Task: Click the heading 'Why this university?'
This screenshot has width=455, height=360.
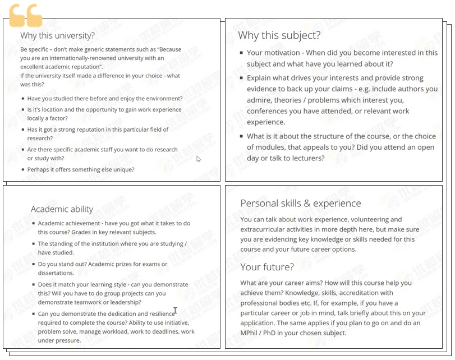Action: (x=57, y=35)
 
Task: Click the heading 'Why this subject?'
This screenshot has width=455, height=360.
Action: (x=279, y=35)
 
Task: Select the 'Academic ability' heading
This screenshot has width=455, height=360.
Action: (x=62, y=209)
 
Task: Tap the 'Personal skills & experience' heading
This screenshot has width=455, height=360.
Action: (x=301, y=203)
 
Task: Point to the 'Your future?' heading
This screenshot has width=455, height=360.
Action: (x=267, y=267)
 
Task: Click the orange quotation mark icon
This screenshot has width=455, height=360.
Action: (x=26, y=16)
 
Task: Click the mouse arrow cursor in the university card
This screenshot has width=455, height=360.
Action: (x=199, y=159)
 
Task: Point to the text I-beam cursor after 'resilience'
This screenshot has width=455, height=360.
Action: (x=176, y=311)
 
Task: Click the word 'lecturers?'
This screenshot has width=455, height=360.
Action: (x=306, y=158)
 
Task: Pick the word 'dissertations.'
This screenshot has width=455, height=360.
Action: (x=56, y=273)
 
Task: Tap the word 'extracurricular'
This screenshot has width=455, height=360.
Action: (x=265, y=229)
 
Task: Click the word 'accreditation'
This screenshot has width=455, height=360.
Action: (x=371, y=293)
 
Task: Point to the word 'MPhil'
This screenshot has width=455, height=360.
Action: (x=250, y=333)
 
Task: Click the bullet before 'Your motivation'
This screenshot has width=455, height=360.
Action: (x=241, y=53)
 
